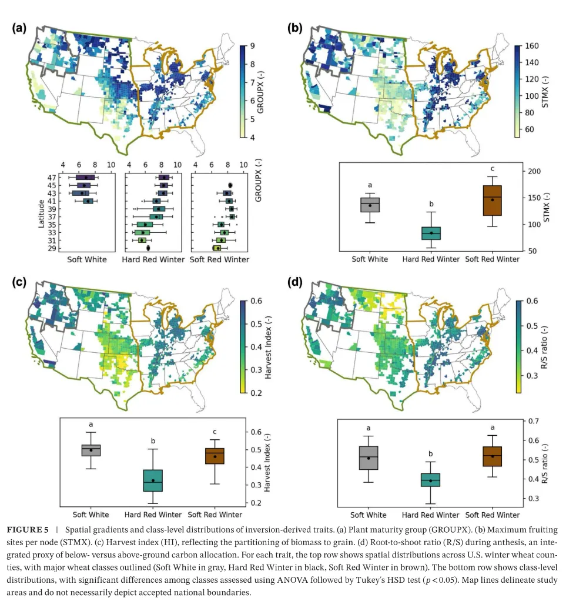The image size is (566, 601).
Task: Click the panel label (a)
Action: (x=19, y=28)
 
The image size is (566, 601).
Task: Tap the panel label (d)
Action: (x=294, y=282)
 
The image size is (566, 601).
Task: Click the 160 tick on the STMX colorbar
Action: (x=532, y=46)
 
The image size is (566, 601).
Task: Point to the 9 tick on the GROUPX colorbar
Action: (x=252, y=46)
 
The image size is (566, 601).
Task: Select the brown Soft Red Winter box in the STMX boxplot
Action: (x=493, y=201)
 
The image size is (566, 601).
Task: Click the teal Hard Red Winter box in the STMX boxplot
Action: (x=431, y=233)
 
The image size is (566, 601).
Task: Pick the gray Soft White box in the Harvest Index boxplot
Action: (x=91, y=450)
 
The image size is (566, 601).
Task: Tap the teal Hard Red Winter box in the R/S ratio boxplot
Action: (x=430, y=480)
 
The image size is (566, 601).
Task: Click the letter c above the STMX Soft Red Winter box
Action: (x=493, y=169)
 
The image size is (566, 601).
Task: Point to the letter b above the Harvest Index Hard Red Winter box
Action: (x=153, y=441)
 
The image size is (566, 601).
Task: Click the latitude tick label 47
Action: (x=52, y=178)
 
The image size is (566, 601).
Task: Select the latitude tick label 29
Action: (x=52, y=248)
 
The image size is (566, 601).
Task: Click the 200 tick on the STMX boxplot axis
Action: (x=534, y=171)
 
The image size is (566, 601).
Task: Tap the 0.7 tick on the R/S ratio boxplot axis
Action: (x=534, y=421)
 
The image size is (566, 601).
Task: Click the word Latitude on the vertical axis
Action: (x=41, y=213)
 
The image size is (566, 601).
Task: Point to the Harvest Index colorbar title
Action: (x=268, y=348)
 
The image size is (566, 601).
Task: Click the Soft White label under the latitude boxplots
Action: (x=87, y=259)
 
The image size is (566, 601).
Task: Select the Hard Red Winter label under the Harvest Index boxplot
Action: (x=153, y=515)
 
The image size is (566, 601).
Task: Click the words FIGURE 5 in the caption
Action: (x=28, y=530)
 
